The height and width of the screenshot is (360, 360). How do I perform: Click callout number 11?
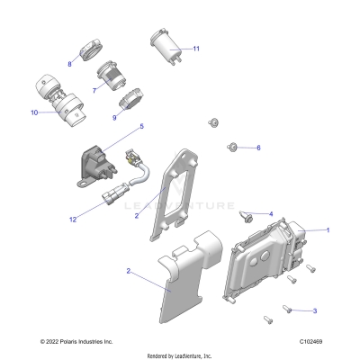(x=196, y=48)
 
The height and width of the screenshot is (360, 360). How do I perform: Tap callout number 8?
(x=69, y=64)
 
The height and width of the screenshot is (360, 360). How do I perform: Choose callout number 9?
(x=115, y=117)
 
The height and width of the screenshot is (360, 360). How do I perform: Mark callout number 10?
(x=34, y=112)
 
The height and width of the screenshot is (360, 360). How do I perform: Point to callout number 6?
(x=258, y=148)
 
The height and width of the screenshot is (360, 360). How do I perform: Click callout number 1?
(x=327, y=229)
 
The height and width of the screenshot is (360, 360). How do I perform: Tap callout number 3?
(x=314, y=310)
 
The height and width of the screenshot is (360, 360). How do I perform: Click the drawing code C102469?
(x=311, y=341)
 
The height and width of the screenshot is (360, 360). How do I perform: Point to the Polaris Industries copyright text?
(x=76, y=341)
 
